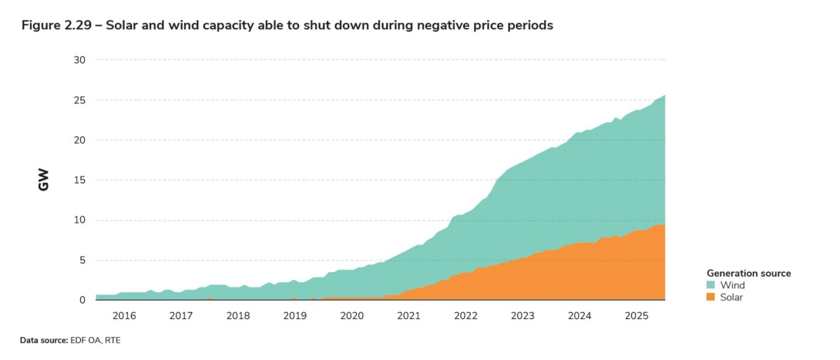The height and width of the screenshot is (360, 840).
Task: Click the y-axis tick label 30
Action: tap(80, 60)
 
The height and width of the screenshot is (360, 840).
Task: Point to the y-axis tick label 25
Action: tap(80, 100)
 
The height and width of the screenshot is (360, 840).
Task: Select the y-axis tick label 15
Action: tap(80, 180)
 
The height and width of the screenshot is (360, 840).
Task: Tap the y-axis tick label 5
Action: tap(82, 261)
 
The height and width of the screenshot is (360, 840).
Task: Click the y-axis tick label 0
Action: tap(82, 300)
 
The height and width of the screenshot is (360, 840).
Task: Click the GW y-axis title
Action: tap(44, 180)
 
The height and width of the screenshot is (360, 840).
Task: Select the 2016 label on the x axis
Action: tap(124, 316)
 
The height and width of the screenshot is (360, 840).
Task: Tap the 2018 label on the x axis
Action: tap(238, 316)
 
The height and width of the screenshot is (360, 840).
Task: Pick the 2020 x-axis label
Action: tap(351, 316)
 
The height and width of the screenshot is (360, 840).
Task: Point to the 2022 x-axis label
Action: tap(465, 316)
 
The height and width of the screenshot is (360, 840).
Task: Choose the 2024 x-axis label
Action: tap(580, 316)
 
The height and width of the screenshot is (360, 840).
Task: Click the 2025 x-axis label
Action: tap(636, 316)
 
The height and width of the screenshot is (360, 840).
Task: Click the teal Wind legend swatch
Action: tap(711, 285)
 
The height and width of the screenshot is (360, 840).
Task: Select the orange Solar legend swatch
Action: tap(711, 297)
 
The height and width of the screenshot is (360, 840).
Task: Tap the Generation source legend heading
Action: tap(748, 273)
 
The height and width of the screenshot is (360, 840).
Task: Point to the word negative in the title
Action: tap(443, 25)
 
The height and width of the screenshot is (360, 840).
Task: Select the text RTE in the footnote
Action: tap(113, 340)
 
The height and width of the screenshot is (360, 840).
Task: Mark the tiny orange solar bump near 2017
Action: tap(210, 298)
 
